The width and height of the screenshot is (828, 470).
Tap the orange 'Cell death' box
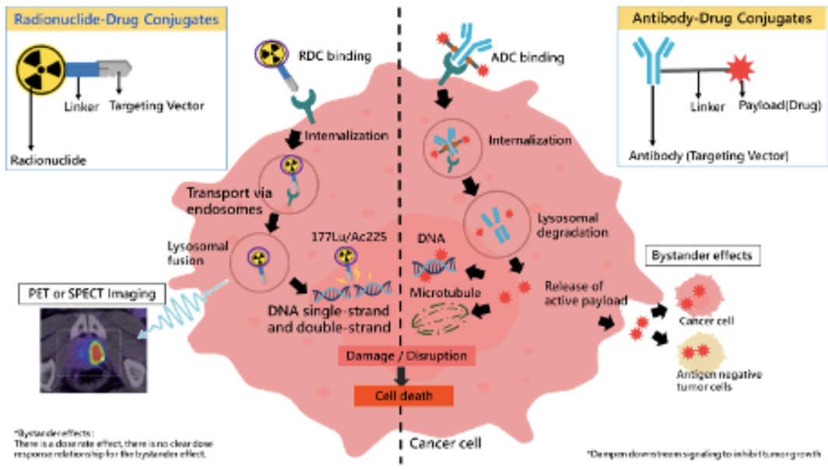[x=403, y=395]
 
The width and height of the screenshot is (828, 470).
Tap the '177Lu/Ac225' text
[x=339, y=236]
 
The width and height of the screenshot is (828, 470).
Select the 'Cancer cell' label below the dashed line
[x=444, y=444]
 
